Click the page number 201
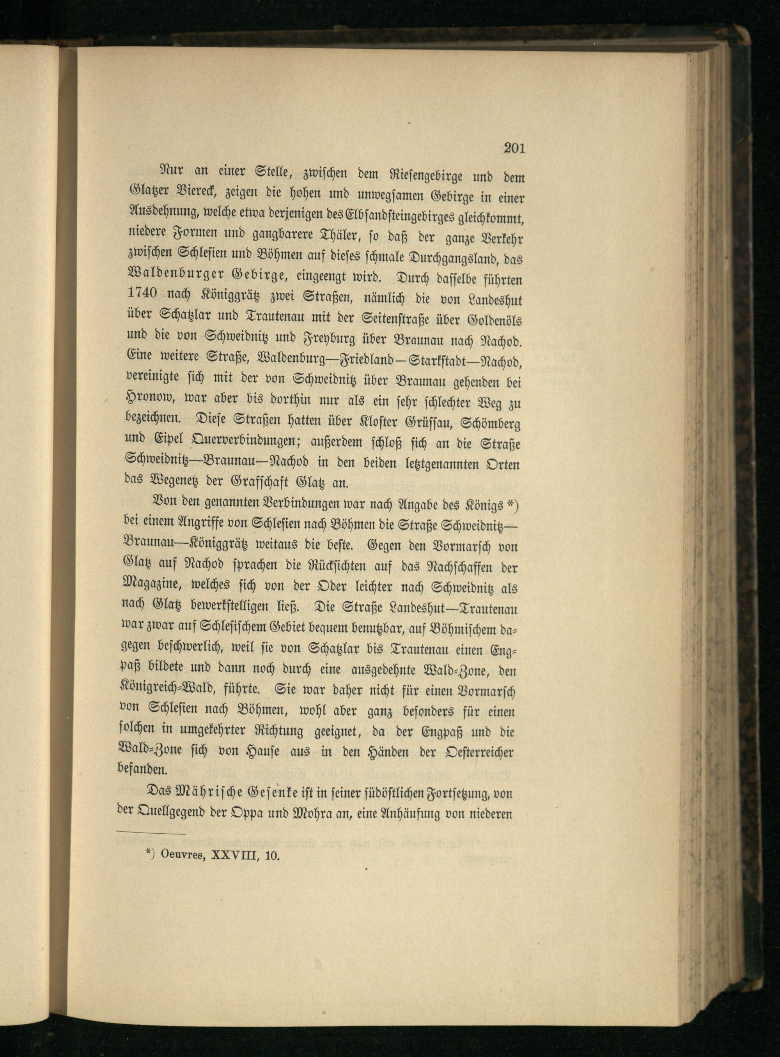(514, 148)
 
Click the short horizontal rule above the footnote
(151, 833)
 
